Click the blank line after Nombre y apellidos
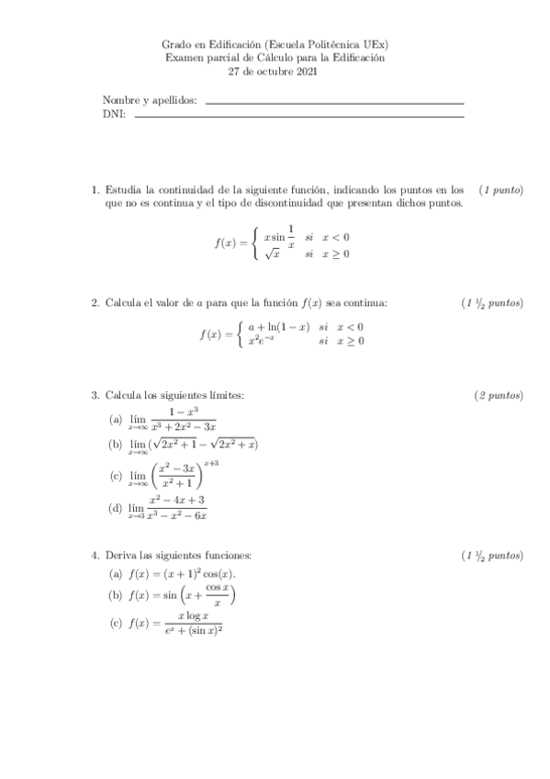[335, 103]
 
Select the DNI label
[113, 115]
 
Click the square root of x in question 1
[272, 254]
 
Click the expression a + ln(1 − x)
[278, 326]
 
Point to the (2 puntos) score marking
[499, 396]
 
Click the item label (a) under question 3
[115, 421]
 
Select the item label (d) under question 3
[115, 508]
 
